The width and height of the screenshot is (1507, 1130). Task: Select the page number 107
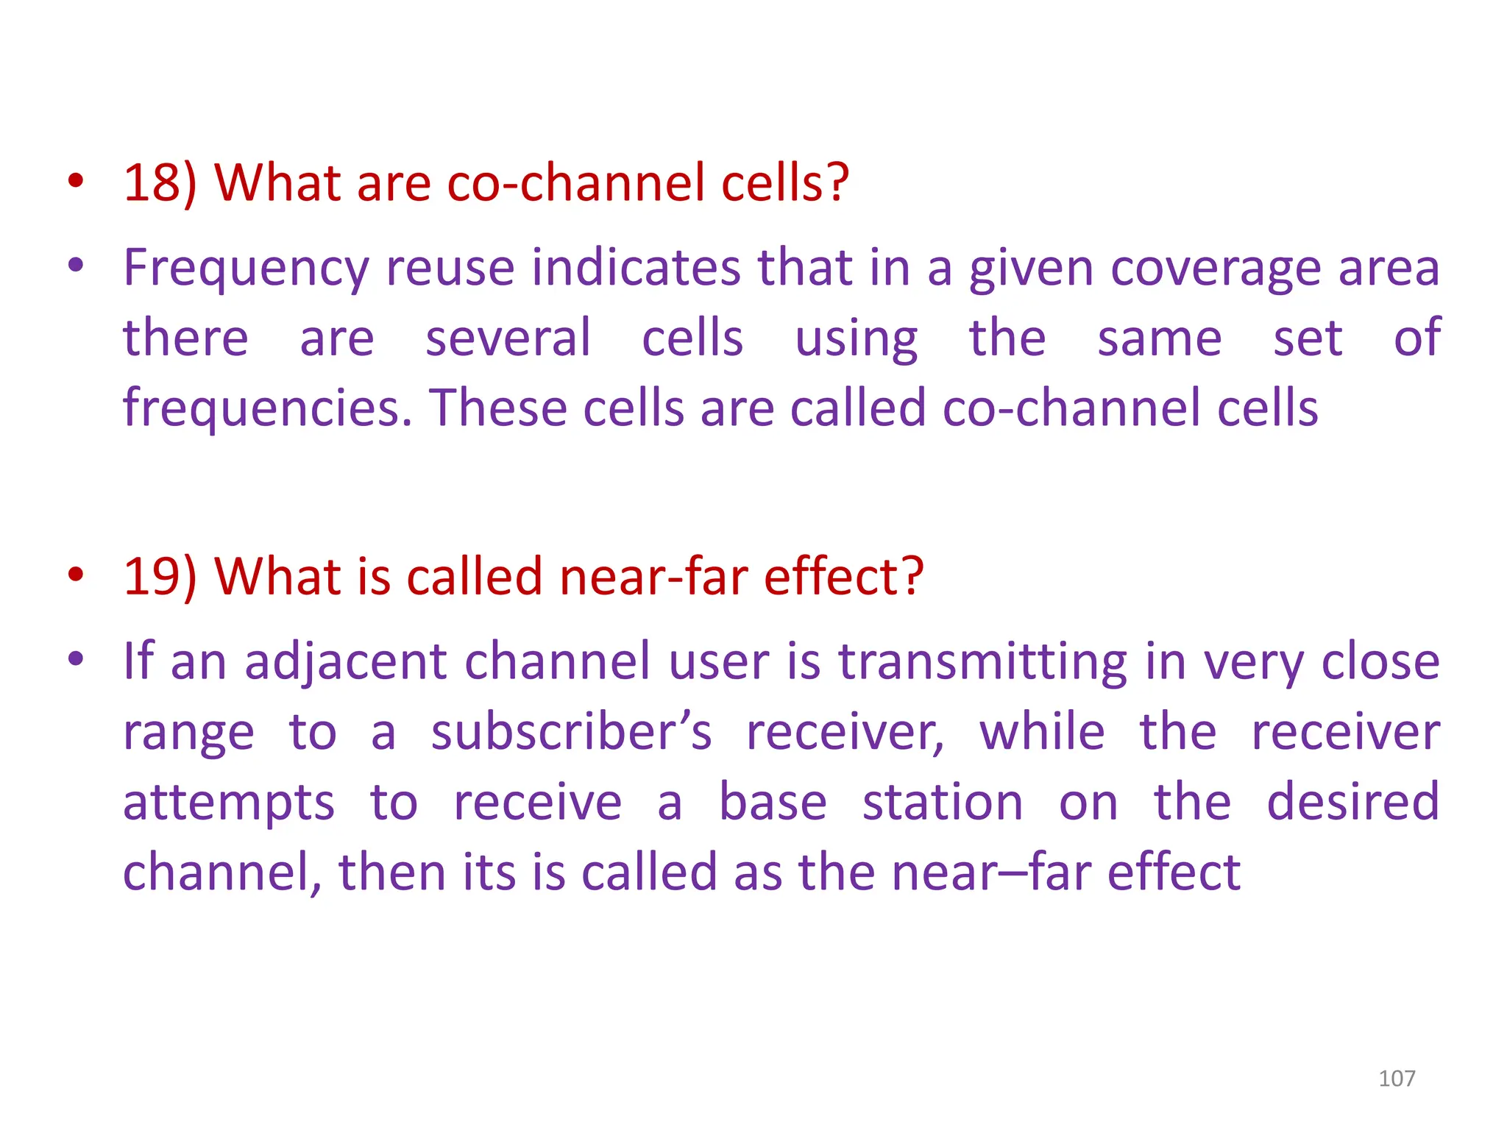point(1397,1079)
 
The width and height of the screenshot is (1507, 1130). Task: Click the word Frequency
point(245,269)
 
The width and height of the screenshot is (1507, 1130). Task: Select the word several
point(508,338)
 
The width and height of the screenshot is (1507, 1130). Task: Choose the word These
point(498,408)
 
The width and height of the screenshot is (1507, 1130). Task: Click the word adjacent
point(345,661)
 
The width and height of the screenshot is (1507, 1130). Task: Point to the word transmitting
point(982,661)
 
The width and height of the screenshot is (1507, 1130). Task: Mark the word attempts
point(229,803)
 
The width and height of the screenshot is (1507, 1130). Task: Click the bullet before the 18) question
point(75,180)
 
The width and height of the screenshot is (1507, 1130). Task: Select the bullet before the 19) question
point(75,574)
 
